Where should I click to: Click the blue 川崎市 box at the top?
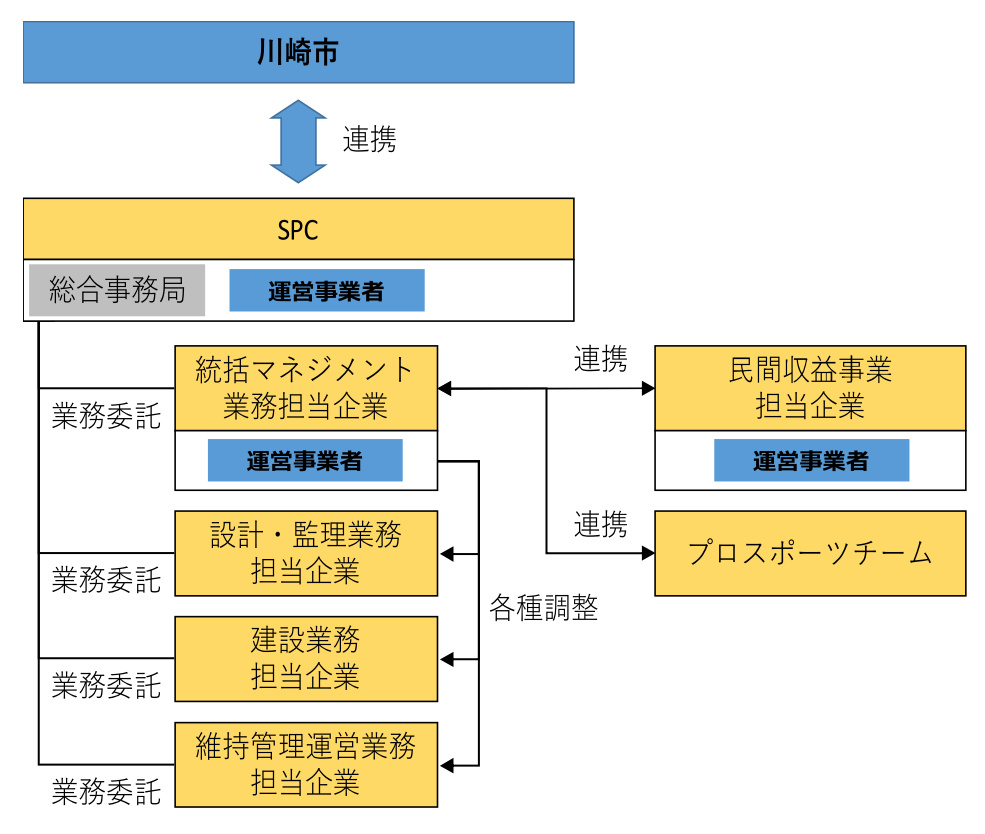pos(298,52)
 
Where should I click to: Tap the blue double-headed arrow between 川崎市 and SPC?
pos(298,140)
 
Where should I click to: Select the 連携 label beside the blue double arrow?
pos(369,140)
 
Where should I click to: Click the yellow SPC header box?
pos(298,229)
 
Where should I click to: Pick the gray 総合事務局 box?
pos(117,290)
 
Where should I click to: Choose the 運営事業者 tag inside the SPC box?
pos(327,290)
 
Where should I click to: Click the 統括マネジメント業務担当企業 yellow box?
pos(306,388)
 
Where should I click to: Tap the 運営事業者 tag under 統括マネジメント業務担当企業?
pos(305,461)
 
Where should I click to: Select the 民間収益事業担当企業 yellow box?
pos(810,388)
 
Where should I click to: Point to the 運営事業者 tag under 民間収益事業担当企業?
pos(811,461)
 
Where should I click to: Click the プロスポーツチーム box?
pos(810,553)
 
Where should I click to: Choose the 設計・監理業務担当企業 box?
pos(306,553)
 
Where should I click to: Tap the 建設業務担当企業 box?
pos(306,658)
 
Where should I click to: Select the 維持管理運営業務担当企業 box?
pos(306,764)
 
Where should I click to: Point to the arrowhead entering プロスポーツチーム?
pos(647,552)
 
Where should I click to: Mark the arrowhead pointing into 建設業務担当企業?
pos(447,659)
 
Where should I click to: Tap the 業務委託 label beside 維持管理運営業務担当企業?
pos(106,793)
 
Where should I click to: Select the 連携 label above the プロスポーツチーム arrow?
pos(600,524)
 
